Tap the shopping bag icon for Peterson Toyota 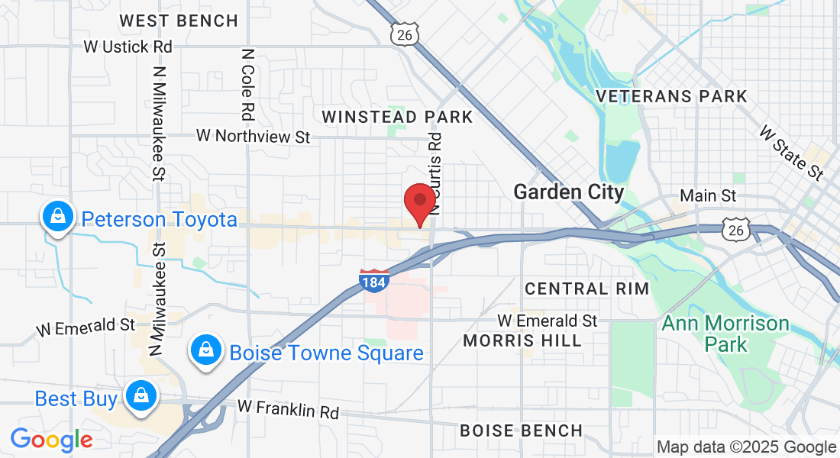click(57, 217)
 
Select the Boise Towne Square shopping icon click(205, 350)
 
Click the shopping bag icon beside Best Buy click(141, 397)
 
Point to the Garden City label click(568, 192)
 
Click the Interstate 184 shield click(374, 280)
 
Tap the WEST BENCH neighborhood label click(179, 21)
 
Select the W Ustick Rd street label click(128, 47)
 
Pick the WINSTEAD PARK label click(397, 117)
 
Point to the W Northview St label click(254, 136)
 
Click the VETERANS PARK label click(671, 96)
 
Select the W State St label click(791, 153)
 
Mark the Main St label click(708, 196)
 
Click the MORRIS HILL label click(522, 340)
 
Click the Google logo click(51, 440)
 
